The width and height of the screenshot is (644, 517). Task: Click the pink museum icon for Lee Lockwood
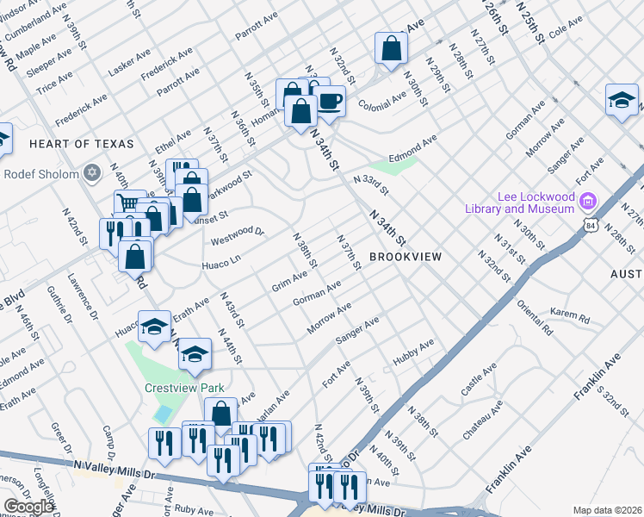click(x=589, y=202)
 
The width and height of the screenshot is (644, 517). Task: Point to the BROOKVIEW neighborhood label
click(x=406, y=257)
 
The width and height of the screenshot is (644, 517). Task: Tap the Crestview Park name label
click(x=183, y=388)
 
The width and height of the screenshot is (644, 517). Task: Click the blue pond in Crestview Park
click(x=162, y=414)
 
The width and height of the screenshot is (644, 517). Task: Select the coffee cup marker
click(x=331, y=102)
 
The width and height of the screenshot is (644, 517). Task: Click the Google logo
click(x=28, y=507)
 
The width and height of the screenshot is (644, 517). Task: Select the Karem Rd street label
click(x=570, y=318)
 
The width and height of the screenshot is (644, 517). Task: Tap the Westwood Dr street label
click(x=236, y=233)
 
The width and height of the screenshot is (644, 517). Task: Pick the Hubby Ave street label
click(x=412, y=352)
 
